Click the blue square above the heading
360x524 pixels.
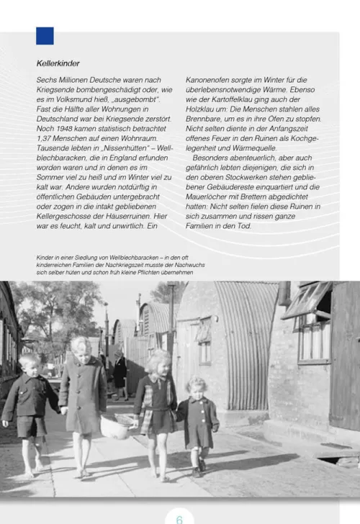pos(45,35)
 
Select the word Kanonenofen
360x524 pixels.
pos(210,80)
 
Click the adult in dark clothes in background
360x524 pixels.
pos(120,370)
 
